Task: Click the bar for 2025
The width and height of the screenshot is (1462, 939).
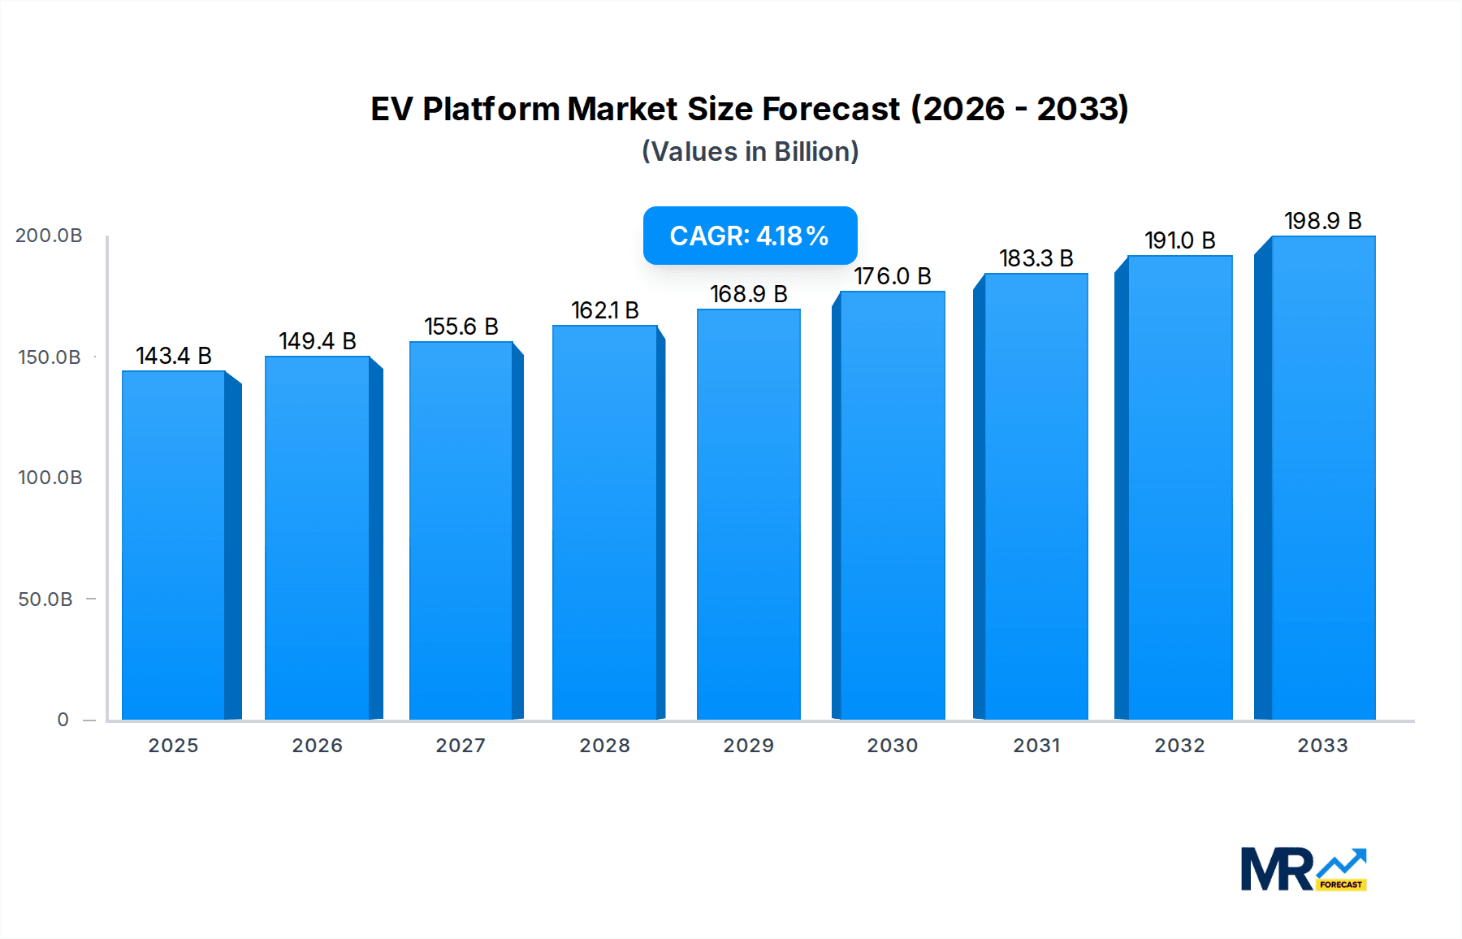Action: [x=174, y=544]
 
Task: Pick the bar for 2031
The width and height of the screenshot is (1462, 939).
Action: [x=1036, y=495]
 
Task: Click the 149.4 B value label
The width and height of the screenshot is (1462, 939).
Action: [x=318, y=341]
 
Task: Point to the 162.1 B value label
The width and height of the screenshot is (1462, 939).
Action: [x=605, y=310]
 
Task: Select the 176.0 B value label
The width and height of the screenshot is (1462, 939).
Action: [x=893, y=276]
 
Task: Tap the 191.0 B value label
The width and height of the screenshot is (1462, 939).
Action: [x=1180, y=240]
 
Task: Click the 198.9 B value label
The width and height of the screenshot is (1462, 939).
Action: [x=1323, y=221]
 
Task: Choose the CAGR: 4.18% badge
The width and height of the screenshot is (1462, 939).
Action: [x=750, y=236]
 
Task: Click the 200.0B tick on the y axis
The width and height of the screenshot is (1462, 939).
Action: [x=49, y=236]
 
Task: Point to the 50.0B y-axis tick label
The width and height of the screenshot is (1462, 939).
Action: [x=45, y=599]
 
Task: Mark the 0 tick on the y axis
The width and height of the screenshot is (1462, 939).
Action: [x=63, y=720]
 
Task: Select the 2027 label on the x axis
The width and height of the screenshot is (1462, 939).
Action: [x=461, y=746]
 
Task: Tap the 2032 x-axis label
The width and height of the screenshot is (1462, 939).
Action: [x=1180, y=746]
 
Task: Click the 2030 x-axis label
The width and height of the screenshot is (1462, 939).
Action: [x=893, y=746]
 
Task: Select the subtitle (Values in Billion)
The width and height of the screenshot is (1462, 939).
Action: [x=750, y=152]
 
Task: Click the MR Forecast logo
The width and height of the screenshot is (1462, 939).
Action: [x=1303, y=870]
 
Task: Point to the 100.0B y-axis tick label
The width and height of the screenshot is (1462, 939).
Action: [x=50, y=478]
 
